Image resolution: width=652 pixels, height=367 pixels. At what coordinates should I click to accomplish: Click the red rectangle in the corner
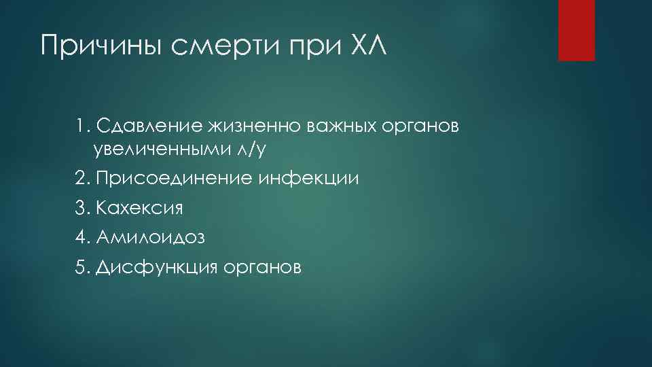[576, 30]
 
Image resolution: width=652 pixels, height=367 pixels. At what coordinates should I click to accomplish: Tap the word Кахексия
[140, 208]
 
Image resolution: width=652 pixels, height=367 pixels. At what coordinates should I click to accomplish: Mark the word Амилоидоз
[150, 237]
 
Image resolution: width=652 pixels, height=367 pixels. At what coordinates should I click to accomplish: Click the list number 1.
[80, 126]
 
